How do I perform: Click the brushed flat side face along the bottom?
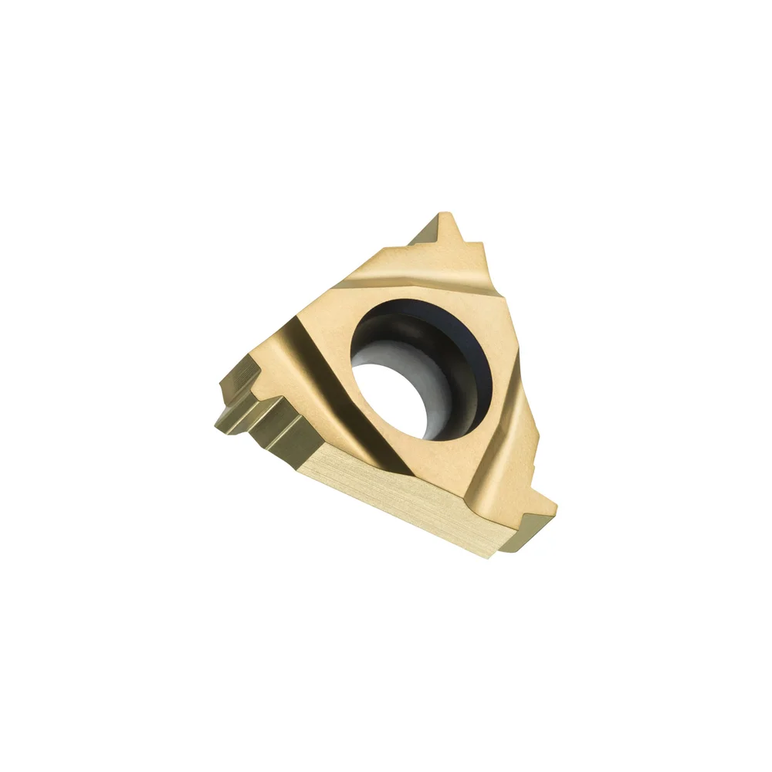click(401, 494)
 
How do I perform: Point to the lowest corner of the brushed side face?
click(486, 556)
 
